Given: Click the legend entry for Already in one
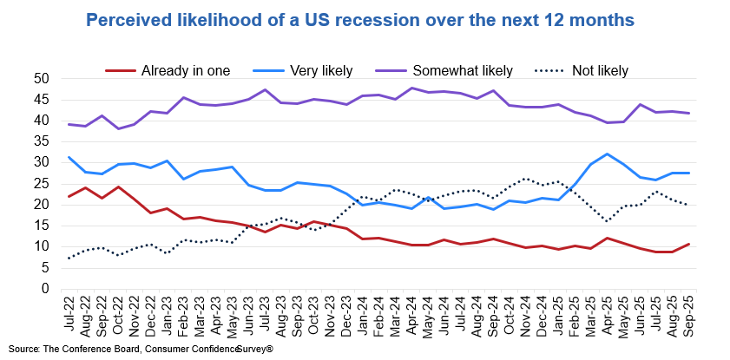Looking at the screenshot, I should click(x=185, y=70).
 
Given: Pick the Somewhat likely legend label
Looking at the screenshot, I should click(x=463, y=70).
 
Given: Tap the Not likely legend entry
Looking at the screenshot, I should click(x=598, y=70).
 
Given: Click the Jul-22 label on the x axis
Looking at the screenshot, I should click(x=69, y=311).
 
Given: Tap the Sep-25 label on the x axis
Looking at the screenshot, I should click(x=688, y=311).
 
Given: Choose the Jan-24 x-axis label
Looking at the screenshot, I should click(x=363, y=311).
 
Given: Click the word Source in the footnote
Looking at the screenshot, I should click(x=24, y=348).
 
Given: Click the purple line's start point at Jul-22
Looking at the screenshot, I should click(x=69, y=124).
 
